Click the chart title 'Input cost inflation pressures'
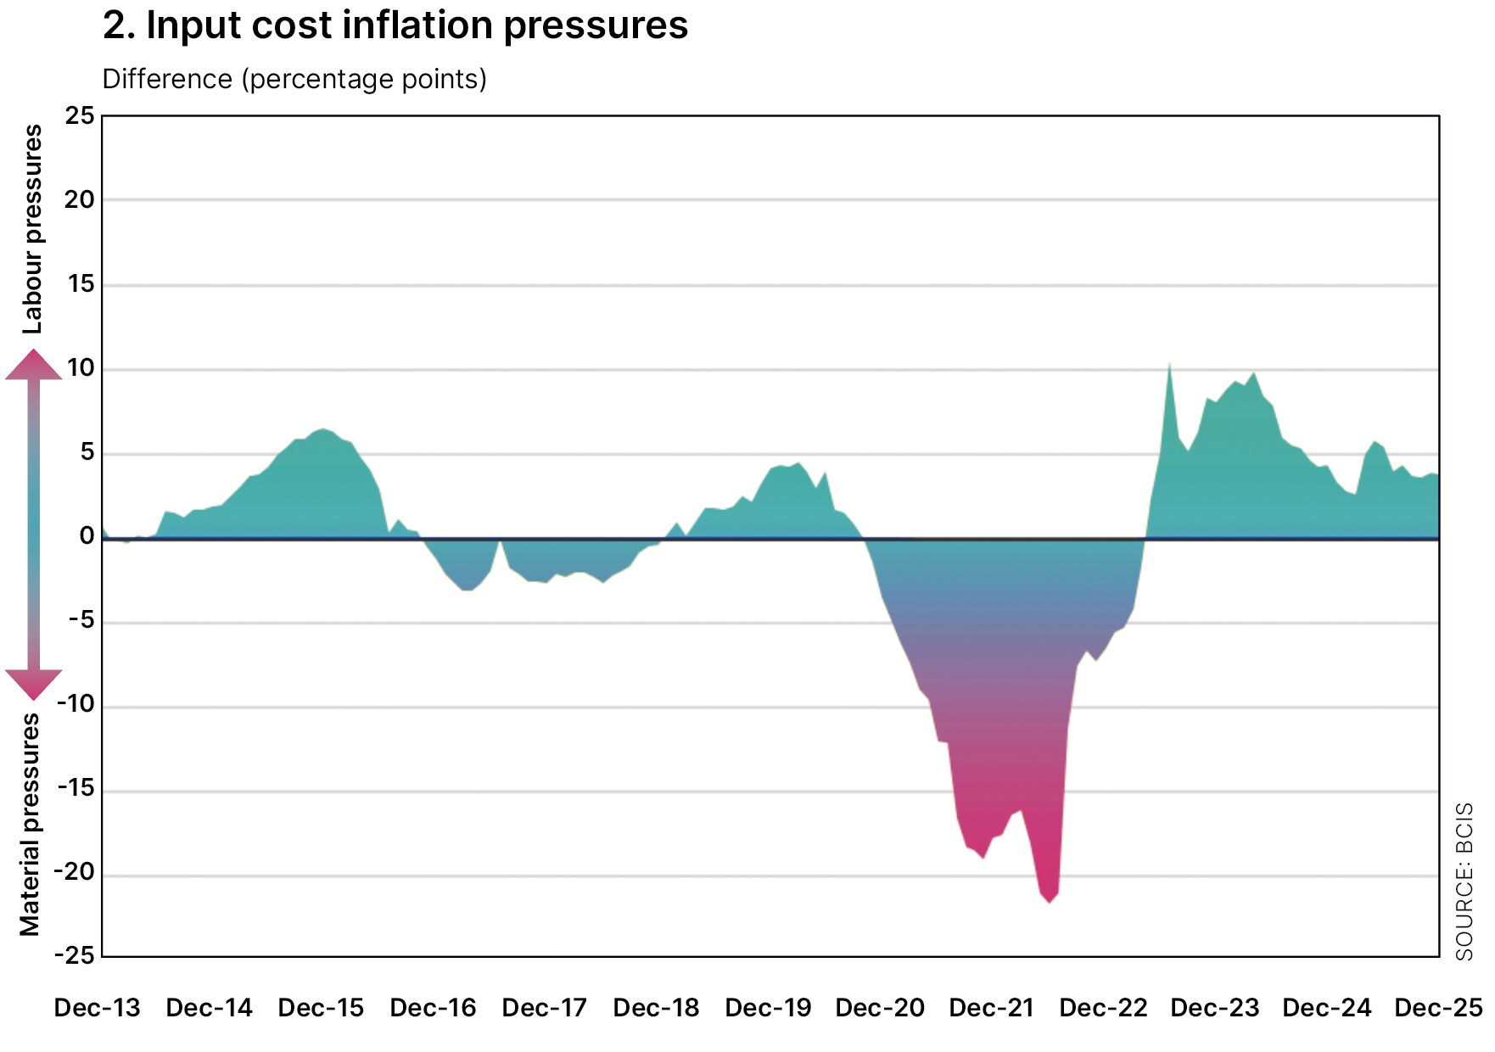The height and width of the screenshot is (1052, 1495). tap(395, 25)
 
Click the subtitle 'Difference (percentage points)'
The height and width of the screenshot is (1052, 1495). tap(294, 79)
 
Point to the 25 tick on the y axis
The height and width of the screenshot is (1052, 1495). tap(81, 115)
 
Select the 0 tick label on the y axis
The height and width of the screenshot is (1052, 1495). tap(87, 536)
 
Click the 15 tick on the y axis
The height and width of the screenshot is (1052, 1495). tap(81, 283)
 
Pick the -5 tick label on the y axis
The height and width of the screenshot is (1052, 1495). tap(81, 620)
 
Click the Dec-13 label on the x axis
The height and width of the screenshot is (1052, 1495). tap(97, 1008)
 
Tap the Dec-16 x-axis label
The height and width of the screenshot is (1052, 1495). tap(433, 1008)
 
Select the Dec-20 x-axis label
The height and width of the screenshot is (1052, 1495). tap(880, 1008)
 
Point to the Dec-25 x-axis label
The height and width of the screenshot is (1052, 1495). tap(1438, 1008)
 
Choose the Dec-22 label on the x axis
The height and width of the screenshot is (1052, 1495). tap(1103, 1008)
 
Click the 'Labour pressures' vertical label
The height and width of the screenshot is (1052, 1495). tap(32, 229)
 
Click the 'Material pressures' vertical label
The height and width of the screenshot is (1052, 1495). tap(31, 825)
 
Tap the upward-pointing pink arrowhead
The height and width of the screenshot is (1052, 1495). tap(34, 366)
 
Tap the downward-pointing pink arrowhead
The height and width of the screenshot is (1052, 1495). tap(34, 683)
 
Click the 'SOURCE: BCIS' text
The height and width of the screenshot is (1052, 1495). tap(1464, 881)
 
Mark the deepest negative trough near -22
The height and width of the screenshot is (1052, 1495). tap(1050, 901)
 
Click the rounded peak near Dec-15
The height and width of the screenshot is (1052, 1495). tap(322, 430)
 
